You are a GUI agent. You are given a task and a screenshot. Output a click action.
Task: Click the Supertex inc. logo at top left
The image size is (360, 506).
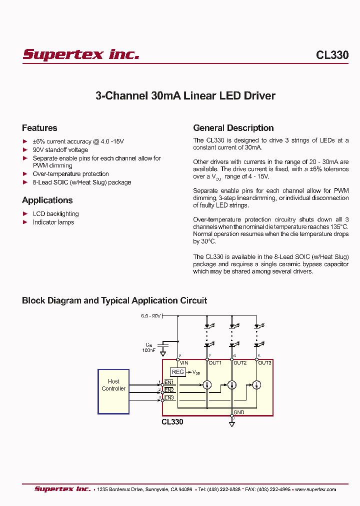[x=80, y=54]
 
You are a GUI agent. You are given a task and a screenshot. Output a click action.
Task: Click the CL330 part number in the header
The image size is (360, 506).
[x=332, y=55]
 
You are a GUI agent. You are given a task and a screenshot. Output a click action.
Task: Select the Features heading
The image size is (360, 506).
[x=39, y=128]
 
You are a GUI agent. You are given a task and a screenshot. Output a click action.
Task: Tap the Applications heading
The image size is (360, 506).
[x=47, y=200]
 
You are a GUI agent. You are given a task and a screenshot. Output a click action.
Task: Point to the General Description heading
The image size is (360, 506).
[x=233, y=128]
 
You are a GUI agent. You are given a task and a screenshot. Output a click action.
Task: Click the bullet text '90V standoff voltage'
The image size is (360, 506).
[x=60, y=150]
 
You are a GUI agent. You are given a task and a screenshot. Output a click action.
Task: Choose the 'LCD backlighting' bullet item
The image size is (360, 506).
[x=55, y=214]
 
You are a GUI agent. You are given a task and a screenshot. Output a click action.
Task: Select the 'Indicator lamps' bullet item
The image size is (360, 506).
[x=53, y=222]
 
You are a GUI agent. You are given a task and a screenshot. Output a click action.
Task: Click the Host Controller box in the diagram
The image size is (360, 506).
[x=113, y=391]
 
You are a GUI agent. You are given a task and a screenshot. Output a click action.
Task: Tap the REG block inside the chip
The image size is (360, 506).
[x=177, y=372]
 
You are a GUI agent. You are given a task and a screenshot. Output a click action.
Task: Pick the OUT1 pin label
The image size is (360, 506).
[x=215, y=363]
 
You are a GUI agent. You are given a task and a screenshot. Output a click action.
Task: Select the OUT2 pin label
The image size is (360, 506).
[x=240, y=363]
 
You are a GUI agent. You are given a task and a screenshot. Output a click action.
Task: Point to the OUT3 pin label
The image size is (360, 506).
[x=264, y=363]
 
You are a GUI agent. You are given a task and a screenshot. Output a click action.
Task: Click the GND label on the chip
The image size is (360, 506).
[x=239, y=412]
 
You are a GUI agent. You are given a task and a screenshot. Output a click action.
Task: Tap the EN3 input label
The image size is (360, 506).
[x=169, y=397]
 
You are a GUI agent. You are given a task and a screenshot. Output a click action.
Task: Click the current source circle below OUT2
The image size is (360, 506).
[x=232, y=385]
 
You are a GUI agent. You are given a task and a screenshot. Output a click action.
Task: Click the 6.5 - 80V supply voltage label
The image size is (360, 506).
[x=150, y=316]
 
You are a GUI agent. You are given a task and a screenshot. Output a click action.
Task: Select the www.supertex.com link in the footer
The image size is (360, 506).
[x=315, y=489]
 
